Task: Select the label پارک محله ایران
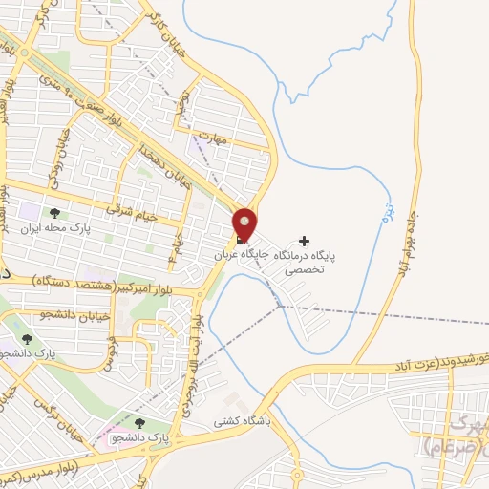point(54,230)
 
